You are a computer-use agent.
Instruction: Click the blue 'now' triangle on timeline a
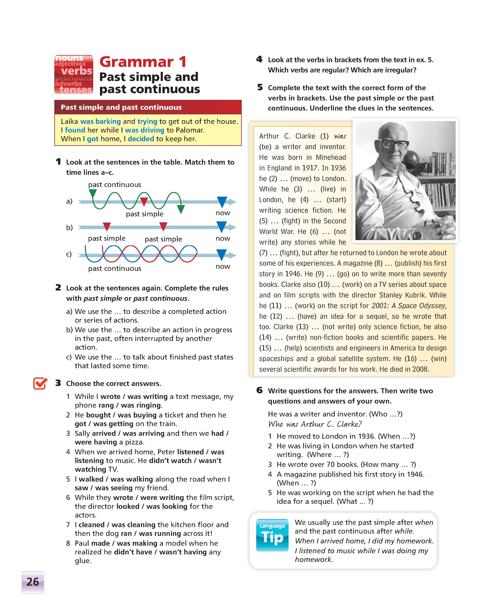222,201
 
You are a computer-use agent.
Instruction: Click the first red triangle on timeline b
107,227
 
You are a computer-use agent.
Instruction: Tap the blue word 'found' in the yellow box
75,130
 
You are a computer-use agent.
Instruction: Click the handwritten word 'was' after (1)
340,136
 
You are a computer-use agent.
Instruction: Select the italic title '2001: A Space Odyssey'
408,306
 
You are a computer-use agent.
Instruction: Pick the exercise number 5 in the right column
260,88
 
